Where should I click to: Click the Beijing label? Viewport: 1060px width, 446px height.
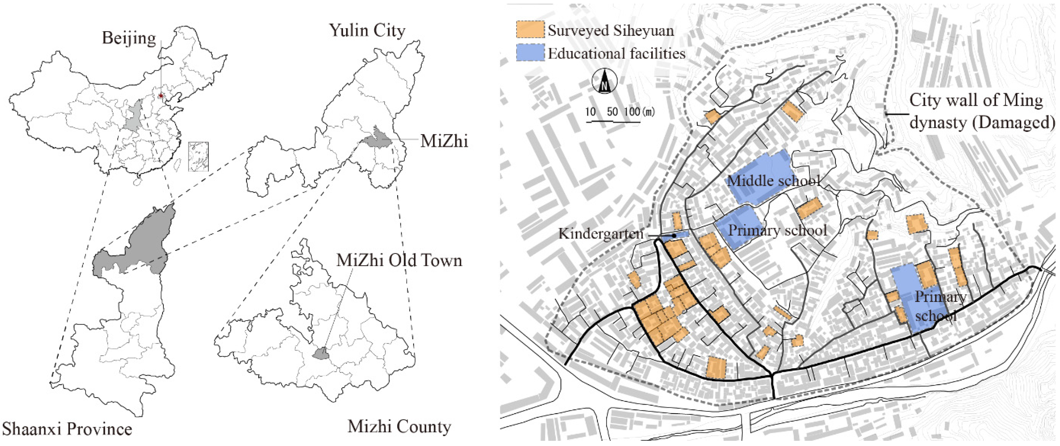(129, 38)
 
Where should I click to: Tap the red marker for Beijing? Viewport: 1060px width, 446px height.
(161, 96)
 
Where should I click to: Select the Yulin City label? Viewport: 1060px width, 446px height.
(367, 30)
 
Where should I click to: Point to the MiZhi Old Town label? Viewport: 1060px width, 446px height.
(399, 260)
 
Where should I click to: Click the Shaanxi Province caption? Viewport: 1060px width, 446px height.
(67, 429)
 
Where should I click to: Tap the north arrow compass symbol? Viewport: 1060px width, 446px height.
(604, 81)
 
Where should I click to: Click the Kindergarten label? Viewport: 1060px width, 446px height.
(600, 234)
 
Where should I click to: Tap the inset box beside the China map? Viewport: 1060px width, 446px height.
(198, 156)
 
